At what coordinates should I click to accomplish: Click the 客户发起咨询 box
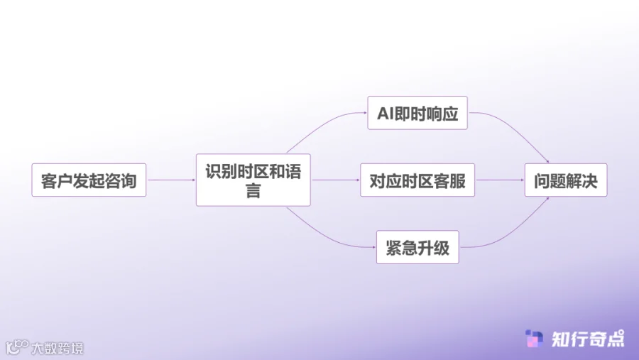point(89,180)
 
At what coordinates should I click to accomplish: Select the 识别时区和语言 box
point(253,180)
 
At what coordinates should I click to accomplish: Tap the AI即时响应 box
point(417,113)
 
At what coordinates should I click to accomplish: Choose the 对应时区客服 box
point(417,180)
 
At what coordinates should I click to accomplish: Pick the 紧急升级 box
point(417,248)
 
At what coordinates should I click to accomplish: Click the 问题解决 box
point(566,180)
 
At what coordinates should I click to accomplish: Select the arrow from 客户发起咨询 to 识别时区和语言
point(170,180)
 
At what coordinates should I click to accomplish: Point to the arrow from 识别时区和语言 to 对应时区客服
point(335,180)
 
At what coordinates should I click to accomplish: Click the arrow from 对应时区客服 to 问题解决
point(499,180)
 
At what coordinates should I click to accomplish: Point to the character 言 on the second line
point(253,191)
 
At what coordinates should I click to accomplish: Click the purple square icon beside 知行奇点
point(534,339)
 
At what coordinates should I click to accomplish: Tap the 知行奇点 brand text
point(588,339)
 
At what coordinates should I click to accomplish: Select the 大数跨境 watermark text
point(58,348)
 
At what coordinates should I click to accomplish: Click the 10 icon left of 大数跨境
point(17,347)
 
